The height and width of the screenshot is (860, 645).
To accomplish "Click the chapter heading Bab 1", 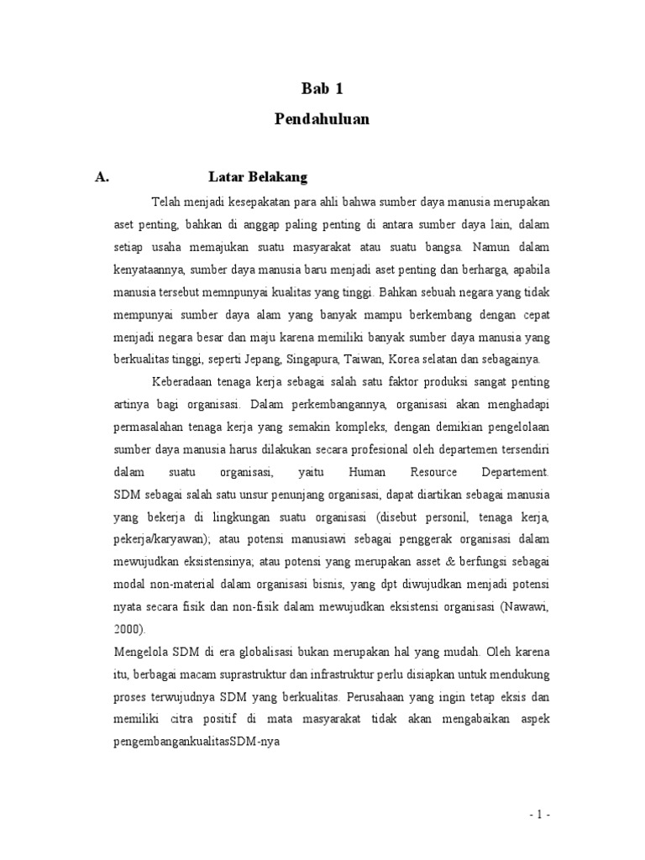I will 322,88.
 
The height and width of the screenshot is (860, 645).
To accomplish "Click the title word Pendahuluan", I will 322,119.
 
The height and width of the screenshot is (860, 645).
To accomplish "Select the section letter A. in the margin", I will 103,177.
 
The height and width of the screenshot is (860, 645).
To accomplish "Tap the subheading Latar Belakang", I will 258,177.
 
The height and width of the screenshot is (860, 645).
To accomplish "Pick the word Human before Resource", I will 366,472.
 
